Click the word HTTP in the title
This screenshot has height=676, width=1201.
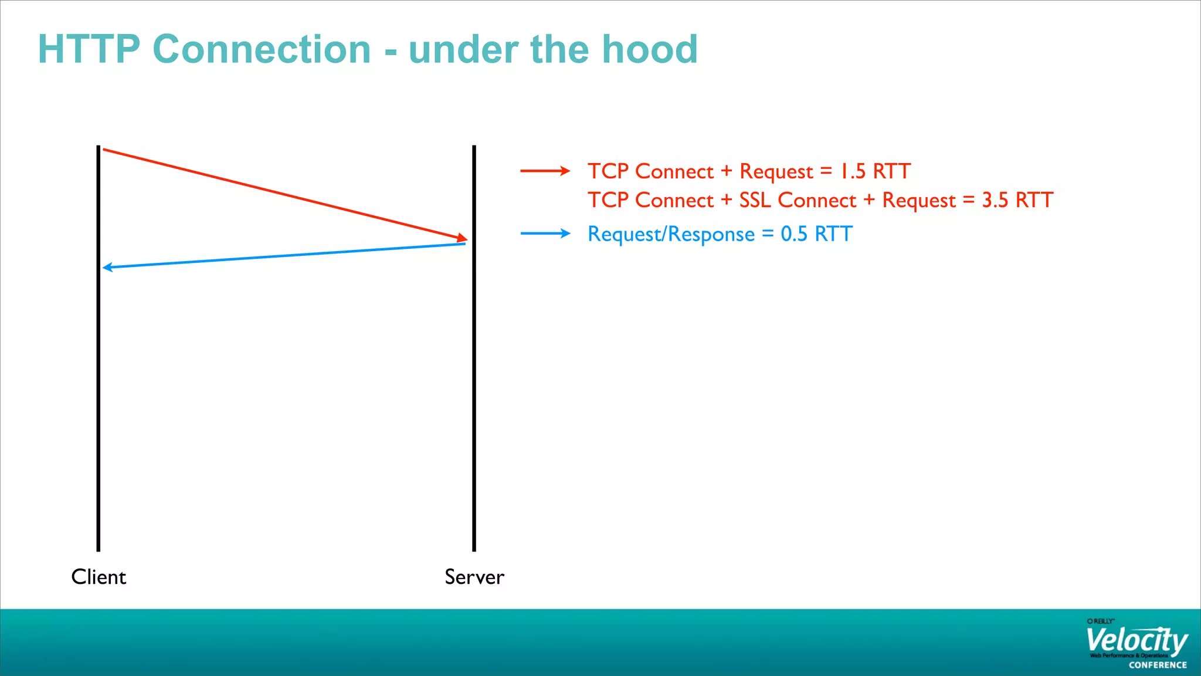coord(89,49)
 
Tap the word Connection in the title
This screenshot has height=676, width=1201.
coord(262,49)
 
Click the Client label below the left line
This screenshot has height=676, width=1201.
coord(99,577)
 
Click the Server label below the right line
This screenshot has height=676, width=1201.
coord(474,577)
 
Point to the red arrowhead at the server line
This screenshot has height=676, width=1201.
coord(463,238)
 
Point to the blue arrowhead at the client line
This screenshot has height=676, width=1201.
coord(107,268)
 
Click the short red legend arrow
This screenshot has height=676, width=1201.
coord(545,171)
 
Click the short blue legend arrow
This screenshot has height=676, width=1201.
coord(545,234)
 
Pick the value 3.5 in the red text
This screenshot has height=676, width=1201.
coord(995,200)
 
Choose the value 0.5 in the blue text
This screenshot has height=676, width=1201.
coord(794,234)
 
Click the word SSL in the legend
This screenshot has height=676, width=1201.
coord(755,200)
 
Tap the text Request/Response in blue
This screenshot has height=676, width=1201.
coord(671,234)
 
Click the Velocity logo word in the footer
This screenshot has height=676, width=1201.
coord(1136,641)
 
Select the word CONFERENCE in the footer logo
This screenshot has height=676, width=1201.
coord(1158,665)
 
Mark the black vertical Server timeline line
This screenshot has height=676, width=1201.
coord(474,381)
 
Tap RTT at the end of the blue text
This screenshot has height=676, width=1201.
coord(833,234)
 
